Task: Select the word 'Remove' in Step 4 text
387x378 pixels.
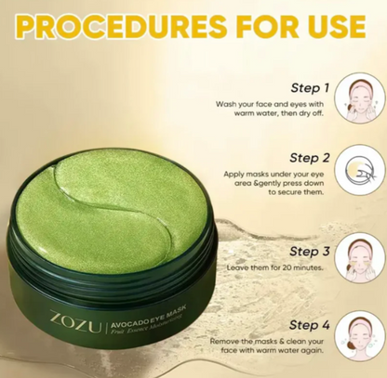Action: pyautogui.click(x=228, y=342)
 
